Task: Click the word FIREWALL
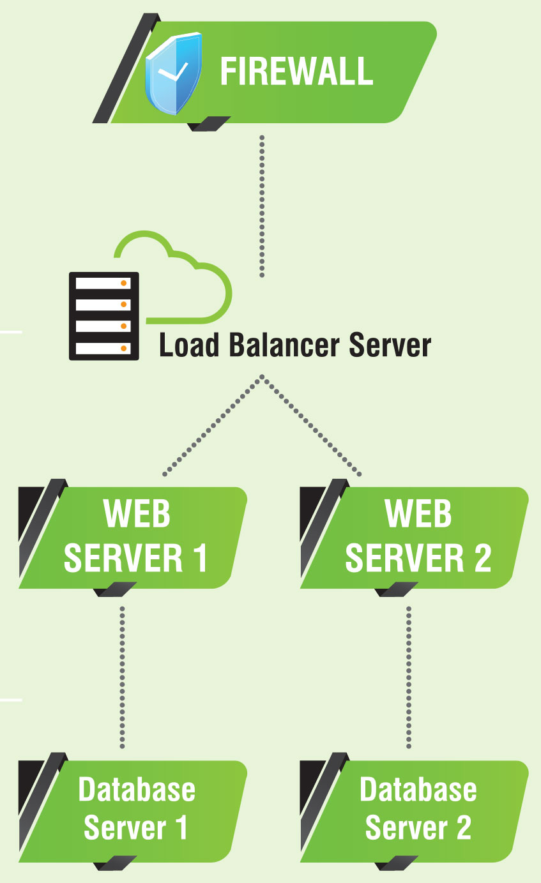pos(296,71)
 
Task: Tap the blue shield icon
pos(173,75)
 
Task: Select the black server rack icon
pos(103,315)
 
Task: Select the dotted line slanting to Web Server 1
pos(213,426)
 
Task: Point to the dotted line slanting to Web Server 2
pos(312,426)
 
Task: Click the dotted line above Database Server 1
pos(122,677)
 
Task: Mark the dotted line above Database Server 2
pos(409,677)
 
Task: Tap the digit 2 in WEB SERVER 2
pos(482,557)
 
